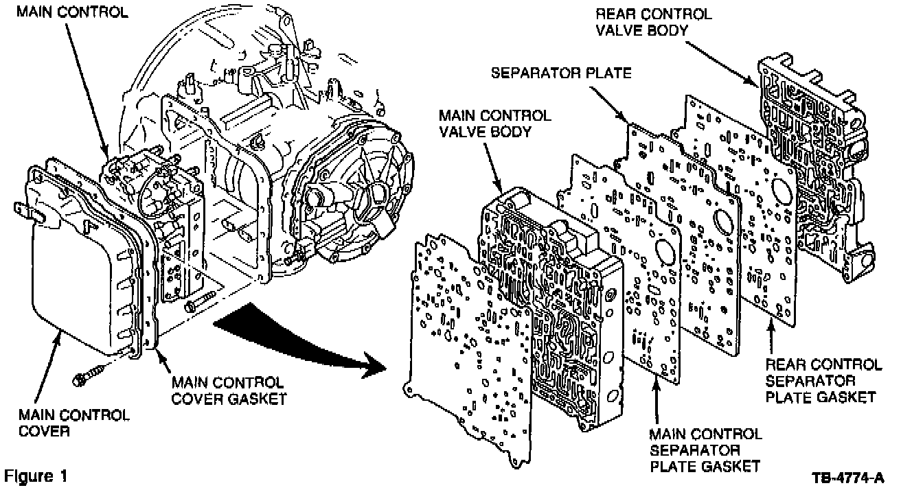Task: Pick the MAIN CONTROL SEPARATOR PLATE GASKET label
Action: pos(704,450)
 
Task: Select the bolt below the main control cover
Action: pos(90,373)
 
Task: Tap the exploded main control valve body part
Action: pos(549,295)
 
